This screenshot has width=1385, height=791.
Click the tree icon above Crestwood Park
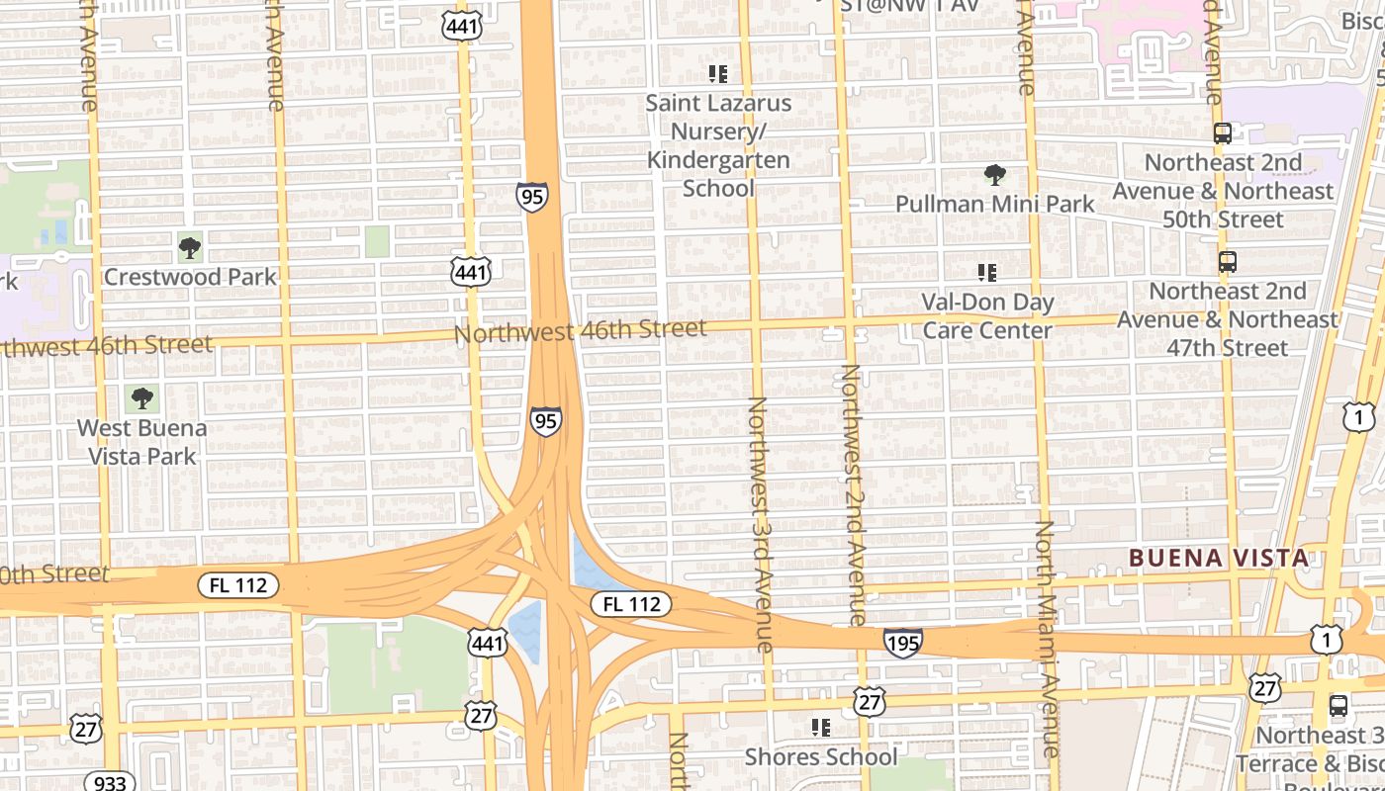click(x=189, y=247)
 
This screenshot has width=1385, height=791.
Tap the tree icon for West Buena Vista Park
click(x=142, y=398)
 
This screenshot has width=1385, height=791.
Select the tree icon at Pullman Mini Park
click(x=994, y=175)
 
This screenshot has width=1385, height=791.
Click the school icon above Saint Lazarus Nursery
click(x=718, y=73)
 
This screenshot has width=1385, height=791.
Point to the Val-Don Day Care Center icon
click(x=986, y=272)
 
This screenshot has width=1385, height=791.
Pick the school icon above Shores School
click(x=820, y=728)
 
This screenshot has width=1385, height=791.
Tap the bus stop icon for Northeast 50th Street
click(x=1223, y=133)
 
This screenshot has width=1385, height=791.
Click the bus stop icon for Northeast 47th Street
click(x=1227, y=262)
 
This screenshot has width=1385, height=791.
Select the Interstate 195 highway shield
click(x=902, y=643)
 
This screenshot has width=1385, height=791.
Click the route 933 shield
click(x=109, y=782)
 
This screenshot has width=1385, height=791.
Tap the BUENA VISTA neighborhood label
click(x=1219, y=558)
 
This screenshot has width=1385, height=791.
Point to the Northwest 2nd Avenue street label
click(x=853, y=494)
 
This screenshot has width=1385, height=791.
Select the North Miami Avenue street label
click(x=1047, y=638)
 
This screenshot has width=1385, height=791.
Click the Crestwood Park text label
click(x=190, y=277)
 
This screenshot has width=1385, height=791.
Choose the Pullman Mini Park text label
click(x=994, y=204)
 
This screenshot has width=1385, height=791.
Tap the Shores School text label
click(x=820, y=756)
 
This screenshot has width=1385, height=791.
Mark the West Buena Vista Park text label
click(x=142, y=442)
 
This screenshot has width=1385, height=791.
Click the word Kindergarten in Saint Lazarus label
click(x=718, y=160)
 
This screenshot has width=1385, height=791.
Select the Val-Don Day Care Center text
click(x=986, y=315)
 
